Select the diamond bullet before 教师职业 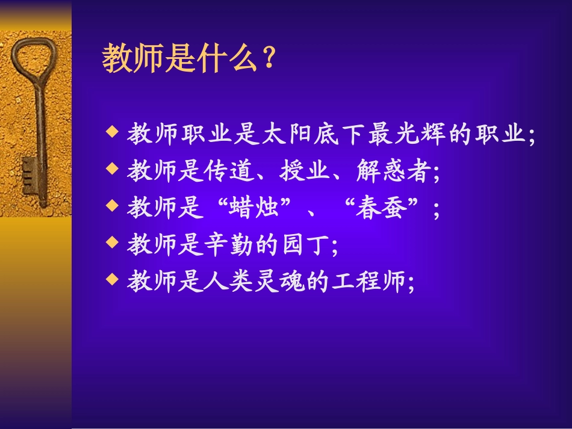[x=111, y=133]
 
